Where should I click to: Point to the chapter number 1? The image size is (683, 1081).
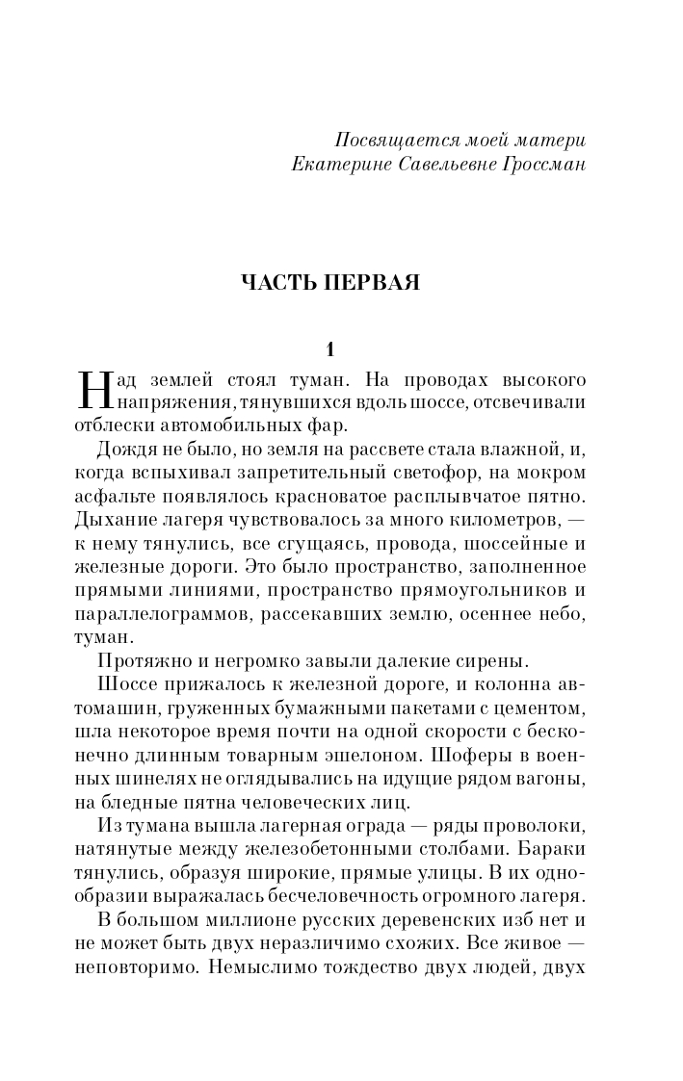click(329, 347)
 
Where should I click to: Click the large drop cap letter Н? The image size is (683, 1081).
click(88, 389)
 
